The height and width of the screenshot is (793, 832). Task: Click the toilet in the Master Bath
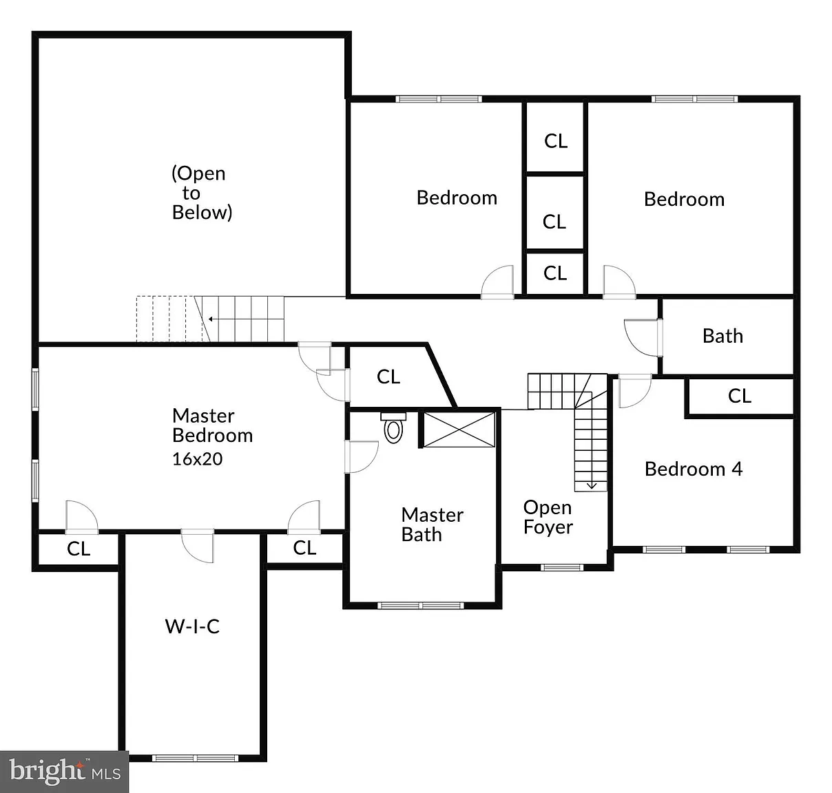(393, 427)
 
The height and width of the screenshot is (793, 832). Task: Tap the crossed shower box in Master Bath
(459, 430)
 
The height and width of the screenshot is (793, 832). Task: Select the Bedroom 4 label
(693, 469)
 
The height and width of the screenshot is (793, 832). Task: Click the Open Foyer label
(548, 517)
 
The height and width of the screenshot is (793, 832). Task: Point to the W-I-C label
(193, 626)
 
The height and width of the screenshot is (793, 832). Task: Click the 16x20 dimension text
(197, 459)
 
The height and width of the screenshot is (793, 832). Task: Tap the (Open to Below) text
(202, 193)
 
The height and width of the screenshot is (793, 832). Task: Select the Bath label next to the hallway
(722, 336)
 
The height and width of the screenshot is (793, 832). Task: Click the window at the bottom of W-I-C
(195, 758)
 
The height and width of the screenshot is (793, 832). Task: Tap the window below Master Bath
(421, 606)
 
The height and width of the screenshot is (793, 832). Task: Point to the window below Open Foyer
(562, 568)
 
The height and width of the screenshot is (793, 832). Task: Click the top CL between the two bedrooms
(556, 141)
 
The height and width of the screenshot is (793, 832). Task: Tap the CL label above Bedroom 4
(739, 396)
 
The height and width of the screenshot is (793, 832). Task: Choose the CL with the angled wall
(388, 377)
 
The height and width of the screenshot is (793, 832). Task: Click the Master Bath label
(432, 525)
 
